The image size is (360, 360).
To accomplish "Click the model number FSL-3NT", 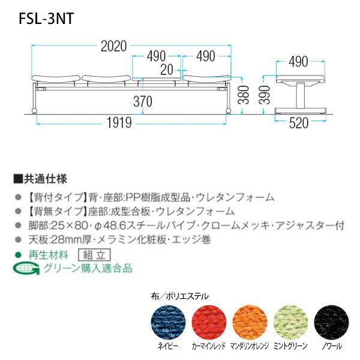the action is (x=46, y=19).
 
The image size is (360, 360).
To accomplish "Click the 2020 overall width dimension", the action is (x=113, y=46).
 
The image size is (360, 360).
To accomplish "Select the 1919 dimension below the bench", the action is (x=119, y=122).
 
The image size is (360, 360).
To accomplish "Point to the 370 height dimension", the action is (x=143, y=101).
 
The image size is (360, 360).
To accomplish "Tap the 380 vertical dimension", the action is (x=244, y=95).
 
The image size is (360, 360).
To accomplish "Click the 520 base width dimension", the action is (x=298, y=123).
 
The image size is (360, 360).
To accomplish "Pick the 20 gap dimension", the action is (x=166, y=70).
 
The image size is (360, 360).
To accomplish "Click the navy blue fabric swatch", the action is (x=168, y=322).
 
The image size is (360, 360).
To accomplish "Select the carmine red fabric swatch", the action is (x=209, y=322).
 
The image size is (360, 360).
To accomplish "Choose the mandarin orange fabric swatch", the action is (x=250, y=322).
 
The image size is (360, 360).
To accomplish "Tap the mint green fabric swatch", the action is (x=290, y=322).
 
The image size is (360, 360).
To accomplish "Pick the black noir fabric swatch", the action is (x=332, y=322).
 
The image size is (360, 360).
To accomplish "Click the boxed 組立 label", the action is (x=94, y=255).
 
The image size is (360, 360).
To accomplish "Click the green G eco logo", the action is (x=26, y=268).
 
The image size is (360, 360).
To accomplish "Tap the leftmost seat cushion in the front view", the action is (x=56, y=79).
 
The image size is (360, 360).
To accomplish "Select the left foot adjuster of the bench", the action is (x=34, y=111).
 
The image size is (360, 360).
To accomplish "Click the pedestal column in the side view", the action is (x=299, y=95).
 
